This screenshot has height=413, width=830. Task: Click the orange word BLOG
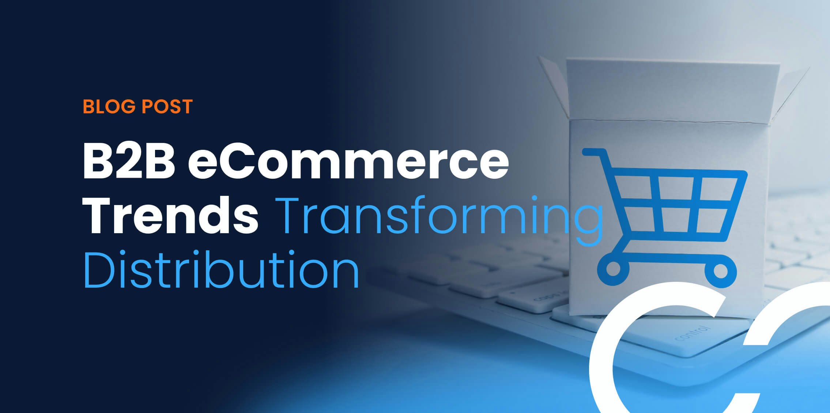(109, 106)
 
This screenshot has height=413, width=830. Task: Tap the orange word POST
(167, 106)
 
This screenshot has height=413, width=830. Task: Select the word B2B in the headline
(128, 162)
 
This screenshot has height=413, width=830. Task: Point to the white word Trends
(170, 215)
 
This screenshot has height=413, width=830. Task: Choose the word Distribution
(221, 269)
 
